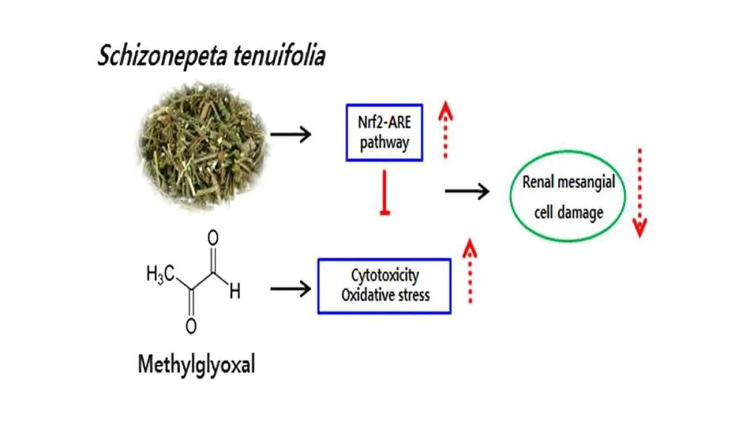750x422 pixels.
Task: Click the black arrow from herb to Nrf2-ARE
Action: click(291, 133)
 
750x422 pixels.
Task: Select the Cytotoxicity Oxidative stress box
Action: click(385, 285)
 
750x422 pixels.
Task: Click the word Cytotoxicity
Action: click(385, 276)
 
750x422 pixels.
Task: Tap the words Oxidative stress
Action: click(385, 294)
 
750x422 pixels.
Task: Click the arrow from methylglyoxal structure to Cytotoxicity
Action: click(290, 288)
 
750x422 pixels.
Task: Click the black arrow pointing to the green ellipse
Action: click(467, 189)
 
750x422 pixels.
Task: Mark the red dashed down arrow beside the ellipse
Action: click(640, 192)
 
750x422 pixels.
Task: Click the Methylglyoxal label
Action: click(196, 364)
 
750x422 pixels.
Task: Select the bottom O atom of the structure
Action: click(192, 323)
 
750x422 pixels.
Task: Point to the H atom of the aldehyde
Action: click(235, 292)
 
